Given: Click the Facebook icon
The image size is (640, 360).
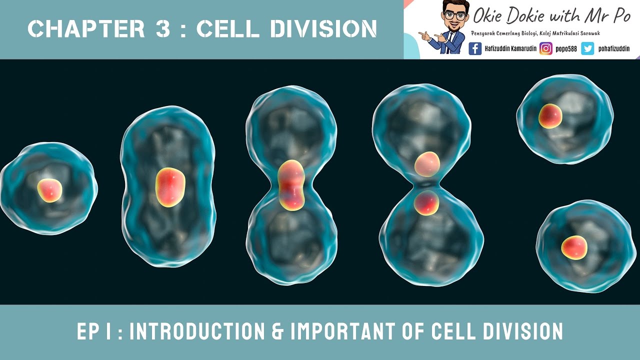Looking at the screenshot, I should [475, 48].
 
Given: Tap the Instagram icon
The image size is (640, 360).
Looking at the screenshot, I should [546, 48].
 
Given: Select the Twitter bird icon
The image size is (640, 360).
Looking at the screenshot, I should [587, 48].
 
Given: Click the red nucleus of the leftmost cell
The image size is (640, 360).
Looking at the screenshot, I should [49, 190].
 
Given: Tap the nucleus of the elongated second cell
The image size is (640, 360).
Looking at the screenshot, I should [170, 187].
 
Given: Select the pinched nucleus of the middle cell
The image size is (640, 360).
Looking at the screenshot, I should [291, 185].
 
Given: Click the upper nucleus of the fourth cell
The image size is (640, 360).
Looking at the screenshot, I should [427, 164].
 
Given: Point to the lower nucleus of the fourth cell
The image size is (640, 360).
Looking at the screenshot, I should [426, 203].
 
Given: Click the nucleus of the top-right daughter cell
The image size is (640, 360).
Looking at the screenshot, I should [550, 116].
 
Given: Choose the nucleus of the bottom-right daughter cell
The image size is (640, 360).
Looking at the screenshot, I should [574, 247].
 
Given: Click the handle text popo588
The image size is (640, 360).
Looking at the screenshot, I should [566, 48].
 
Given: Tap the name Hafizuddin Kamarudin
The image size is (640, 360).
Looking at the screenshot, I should [510, 48].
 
